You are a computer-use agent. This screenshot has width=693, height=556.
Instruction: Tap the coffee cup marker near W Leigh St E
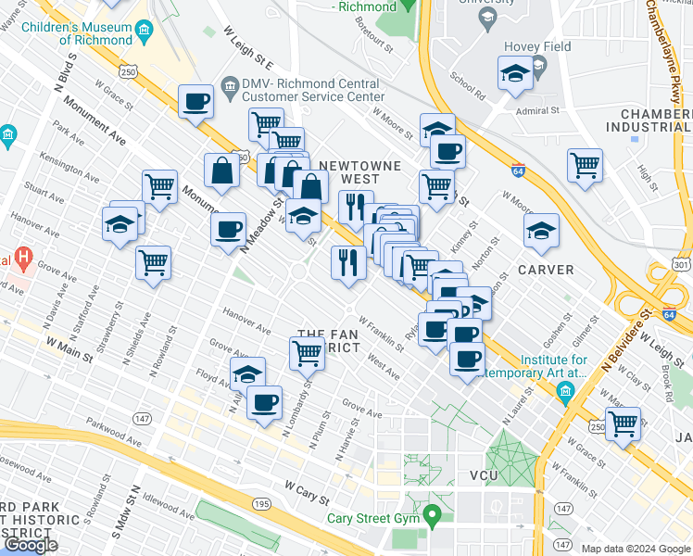[x=195, y=102]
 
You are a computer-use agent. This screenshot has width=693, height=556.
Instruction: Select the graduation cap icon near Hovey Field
[x=513, y=73]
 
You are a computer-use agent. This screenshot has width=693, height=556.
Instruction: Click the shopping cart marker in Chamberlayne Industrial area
[x=585, y=166]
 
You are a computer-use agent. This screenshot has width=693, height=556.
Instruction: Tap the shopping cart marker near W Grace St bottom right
[x=624, y=423]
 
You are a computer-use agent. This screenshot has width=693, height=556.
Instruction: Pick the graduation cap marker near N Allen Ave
[x=247, y=374]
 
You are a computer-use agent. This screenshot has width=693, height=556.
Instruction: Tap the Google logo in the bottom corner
[x=30, y=545]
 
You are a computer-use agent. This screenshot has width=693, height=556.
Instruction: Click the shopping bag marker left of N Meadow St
[x=222, y=171]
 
